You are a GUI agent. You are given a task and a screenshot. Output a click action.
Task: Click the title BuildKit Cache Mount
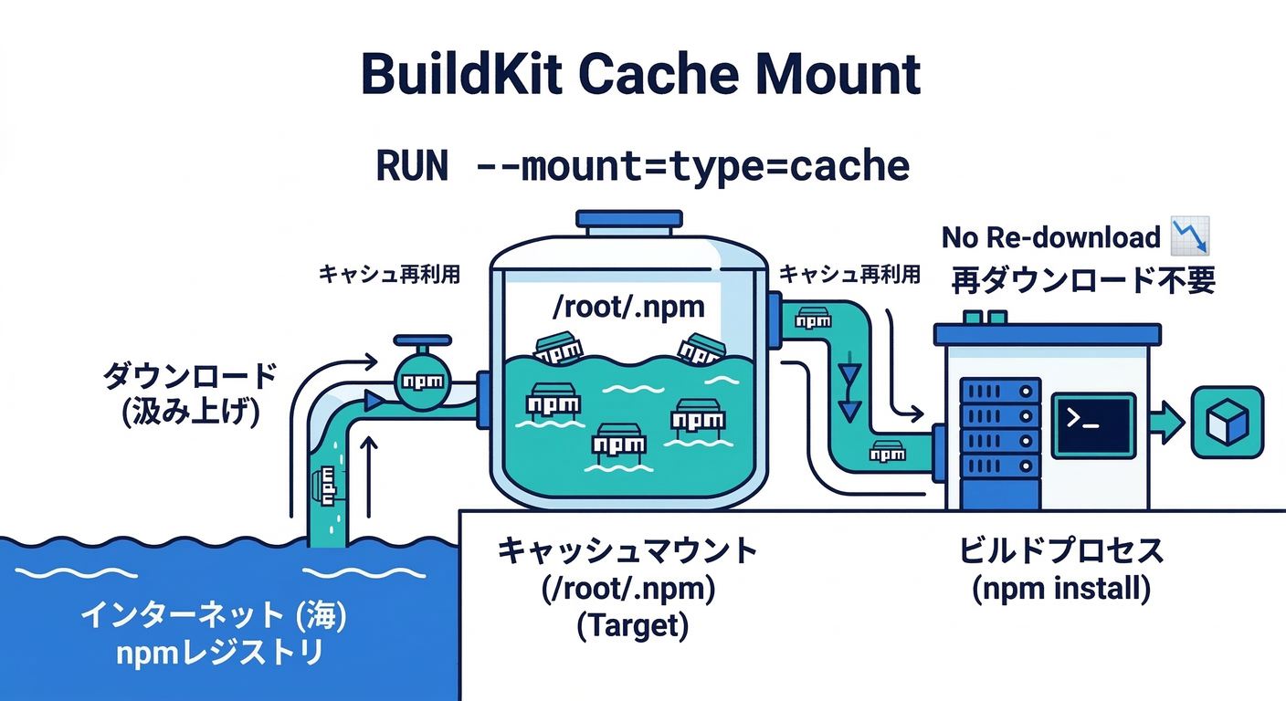[641, 75]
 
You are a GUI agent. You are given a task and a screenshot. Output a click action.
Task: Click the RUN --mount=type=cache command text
[642, 166]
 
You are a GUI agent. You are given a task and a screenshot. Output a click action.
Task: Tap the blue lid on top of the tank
[628, 220]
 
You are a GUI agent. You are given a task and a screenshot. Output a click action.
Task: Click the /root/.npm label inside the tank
[629, 307]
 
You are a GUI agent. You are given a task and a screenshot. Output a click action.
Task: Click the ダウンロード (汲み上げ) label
[189, 393]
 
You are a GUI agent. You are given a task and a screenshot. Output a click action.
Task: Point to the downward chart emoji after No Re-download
[1190, 235]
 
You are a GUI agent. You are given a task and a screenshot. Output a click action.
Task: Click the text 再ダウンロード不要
[1083, 279]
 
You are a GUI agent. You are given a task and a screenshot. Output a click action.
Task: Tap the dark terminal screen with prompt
[1092, 425]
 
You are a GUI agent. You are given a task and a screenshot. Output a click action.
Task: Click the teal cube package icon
[1228, 423]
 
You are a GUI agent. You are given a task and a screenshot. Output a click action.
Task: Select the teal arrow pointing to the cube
[1166, 423]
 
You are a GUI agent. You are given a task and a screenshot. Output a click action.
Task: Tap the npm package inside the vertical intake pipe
[326, 484]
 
